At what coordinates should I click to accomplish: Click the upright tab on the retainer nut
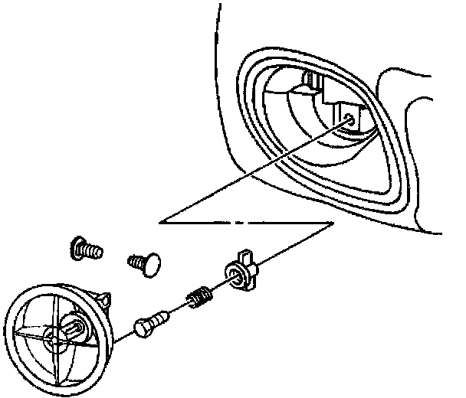244,256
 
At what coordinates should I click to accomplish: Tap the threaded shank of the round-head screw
137,262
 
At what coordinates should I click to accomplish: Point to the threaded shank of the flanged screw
94,250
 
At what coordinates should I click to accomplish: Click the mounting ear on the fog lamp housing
103,296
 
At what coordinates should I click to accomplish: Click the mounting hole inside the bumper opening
349,119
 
